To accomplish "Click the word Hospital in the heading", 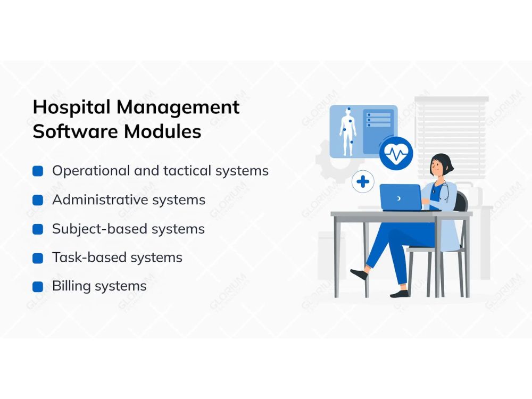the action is [72, 107].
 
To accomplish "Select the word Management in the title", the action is [178, 108].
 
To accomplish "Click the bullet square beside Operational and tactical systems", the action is [38, 171].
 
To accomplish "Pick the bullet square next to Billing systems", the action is [38, 287].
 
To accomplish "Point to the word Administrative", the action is [101, 199].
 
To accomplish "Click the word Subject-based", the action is [100, 229].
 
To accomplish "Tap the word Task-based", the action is [89, 257].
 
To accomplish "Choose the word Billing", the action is [72, 287].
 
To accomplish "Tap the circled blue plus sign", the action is [363, 181].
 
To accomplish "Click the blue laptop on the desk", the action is [401, 197].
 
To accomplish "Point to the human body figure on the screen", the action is [348, 132].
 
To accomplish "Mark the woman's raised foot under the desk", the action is [359, 273].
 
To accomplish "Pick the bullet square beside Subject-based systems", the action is [38, 229].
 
